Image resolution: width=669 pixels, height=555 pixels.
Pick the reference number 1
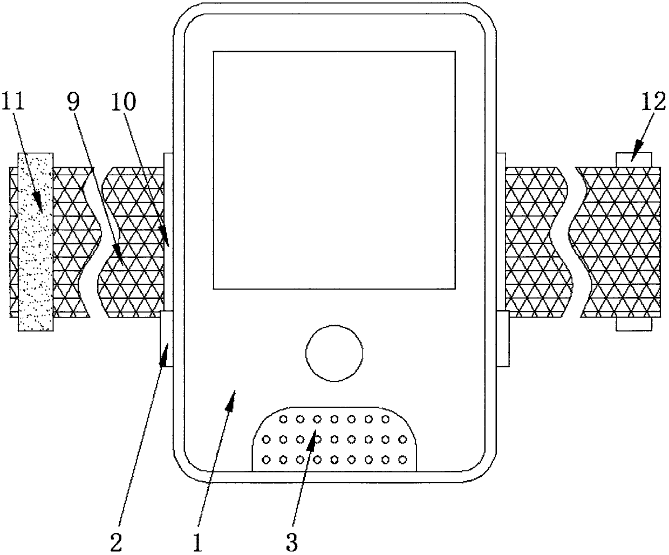pos(198,541)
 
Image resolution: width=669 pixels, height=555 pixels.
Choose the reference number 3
pos(292,541)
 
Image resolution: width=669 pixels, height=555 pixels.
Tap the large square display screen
pos(334,170)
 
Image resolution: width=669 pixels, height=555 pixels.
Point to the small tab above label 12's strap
pos(634,159)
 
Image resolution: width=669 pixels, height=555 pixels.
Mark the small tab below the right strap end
pos(634,323)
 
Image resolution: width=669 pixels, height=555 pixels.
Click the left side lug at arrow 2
pos(167,339)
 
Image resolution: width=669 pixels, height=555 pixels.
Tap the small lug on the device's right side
pos(502,339)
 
